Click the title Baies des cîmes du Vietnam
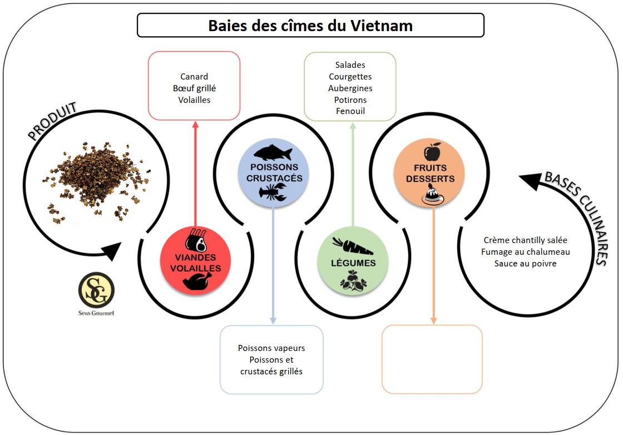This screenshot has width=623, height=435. tap(310, 26)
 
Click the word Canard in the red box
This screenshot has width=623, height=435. tap(194, 76)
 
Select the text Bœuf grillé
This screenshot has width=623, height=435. tap(194, 88)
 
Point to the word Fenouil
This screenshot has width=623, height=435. tap(350, 111)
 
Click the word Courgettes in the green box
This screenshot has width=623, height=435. tap(350, 77)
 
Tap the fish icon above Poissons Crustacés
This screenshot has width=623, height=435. tap(273, 152)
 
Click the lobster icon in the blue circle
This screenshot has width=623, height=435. tap(273, 192)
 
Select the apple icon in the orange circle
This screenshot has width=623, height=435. tap(432, 151)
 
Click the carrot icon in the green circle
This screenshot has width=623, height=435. tap(353, 246)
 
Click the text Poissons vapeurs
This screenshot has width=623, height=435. tap(271, 348)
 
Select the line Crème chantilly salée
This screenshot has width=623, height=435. tap(525, 240)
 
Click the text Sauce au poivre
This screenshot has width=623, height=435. tap(525, 263)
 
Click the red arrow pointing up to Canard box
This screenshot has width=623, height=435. tap(195, 174)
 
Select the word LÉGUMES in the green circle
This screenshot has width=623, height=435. tap(353, 263)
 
